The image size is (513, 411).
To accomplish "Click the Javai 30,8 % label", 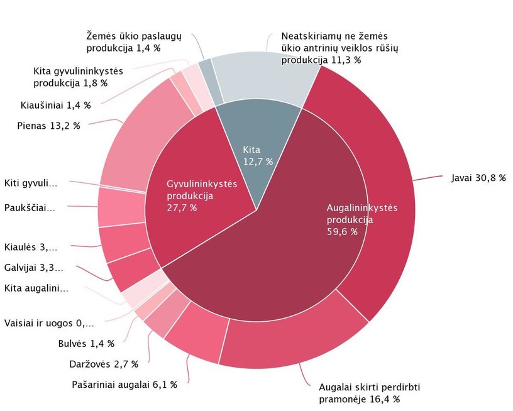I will tap(478, 178).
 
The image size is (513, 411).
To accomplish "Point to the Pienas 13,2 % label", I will tap(48, 125).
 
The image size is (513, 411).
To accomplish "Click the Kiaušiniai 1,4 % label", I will tap(55, 105).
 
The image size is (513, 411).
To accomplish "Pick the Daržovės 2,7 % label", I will tap(103, 363).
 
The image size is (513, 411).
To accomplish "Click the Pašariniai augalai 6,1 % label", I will tap(124, 384).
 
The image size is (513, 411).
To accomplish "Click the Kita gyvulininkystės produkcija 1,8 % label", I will tap(78, 77).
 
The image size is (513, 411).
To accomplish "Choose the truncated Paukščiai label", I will tap(30, 207).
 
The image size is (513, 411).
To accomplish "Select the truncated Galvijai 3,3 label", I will tap(33, 268).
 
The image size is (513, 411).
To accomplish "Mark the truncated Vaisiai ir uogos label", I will tap(49, 323).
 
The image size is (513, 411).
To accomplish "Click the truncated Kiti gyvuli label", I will tap(31, 184).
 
